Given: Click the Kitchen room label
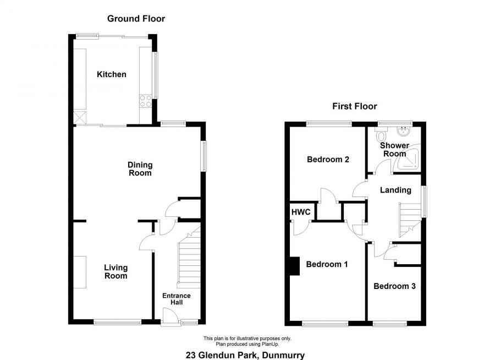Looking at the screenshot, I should click(112, 74).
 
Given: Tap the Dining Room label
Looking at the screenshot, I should click(140, 168).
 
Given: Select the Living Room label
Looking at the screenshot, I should click(116, 272).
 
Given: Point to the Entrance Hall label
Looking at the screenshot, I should click(176, 299).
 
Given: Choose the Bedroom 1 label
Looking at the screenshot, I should click(327, 264).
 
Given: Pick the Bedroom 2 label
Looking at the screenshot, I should click(328, 160).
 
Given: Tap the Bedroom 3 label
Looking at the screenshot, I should click(394, 286).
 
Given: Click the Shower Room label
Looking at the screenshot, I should click(394, 150).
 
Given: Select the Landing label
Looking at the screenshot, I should click(395, 190).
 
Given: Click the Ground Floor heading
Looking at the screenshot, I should click(136, 19).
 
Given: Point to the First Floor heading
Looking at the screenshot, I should click(354, 106).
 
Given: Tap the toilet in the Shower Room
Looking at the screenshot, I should click(382, 134).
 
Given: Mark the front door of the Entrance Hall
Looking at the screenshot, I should click(171, 318).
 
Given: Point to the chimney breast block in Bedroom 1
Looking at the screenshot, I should click(294, 265).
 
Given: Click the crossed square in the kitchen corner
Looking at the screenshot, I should click(80, 117).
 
